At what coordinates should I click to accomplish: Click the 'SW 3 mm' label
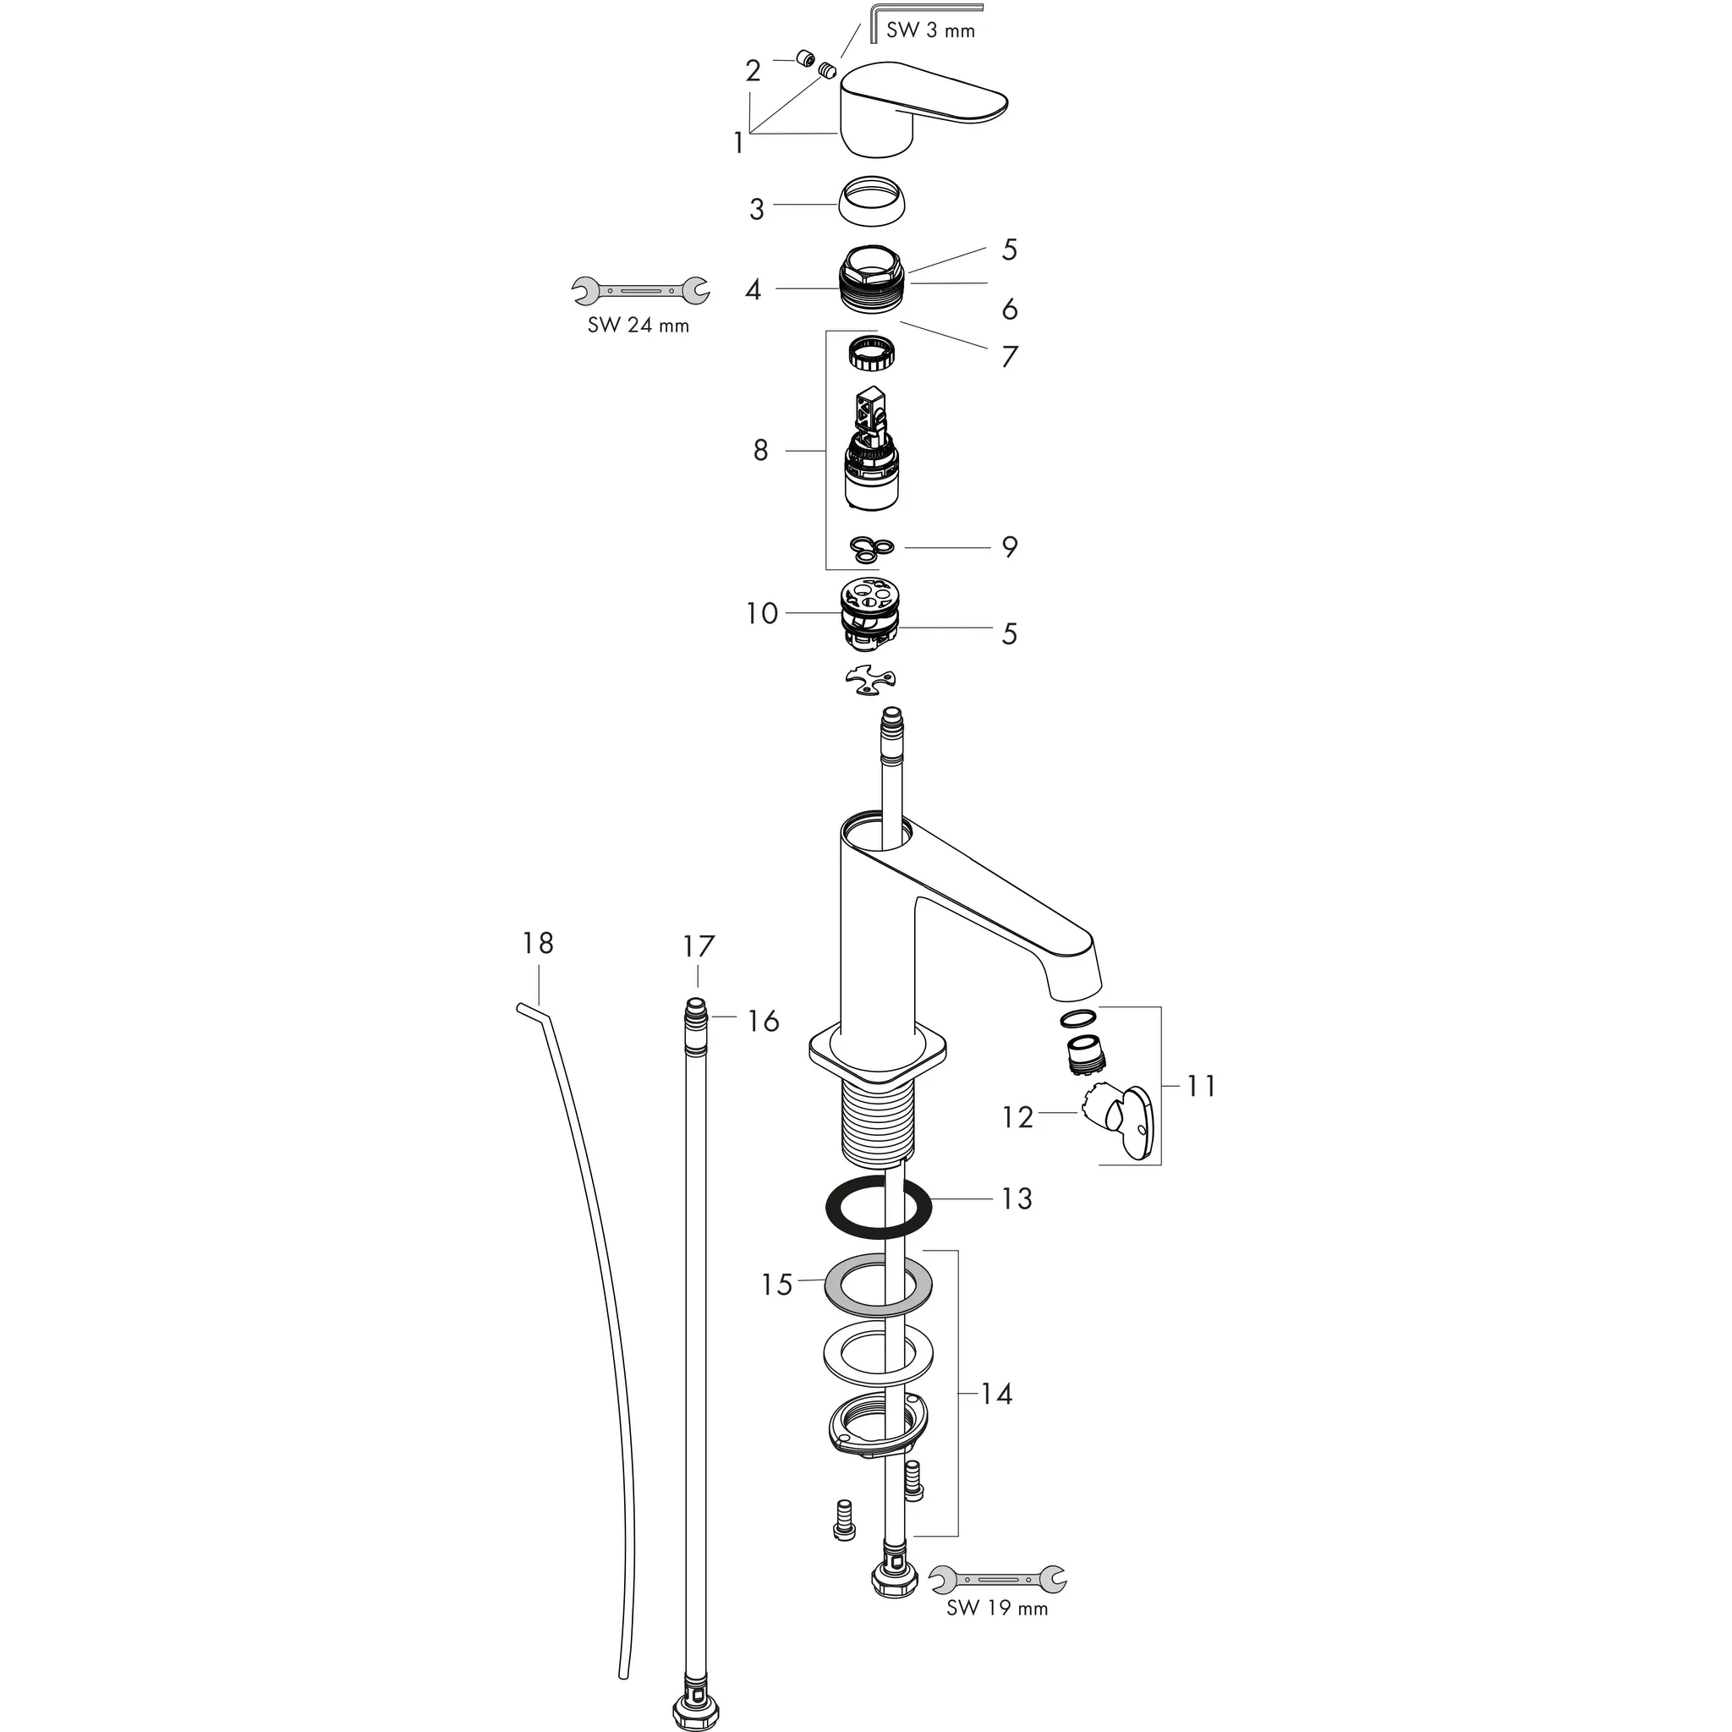point(929,30)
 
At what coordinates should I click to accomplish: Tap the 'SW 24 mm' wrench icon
point(640,289)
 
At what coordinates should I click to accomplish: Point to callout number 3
point(757,209)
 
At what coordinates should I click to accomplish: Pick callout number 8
point(760,450)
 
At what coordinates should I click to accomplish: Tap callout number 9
point(1010,547)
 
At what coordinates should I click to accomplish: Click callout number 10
point(762,613)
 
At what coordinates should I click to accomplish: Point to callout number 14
point(996,1394)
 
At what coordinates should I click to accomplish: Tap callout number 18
point(538,943)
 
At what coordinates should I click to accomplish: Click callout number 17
point(699,945)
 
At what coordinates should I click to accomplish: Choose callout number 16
point(764,1020)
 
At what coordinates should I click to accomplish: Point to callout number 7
point(1010,357)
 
